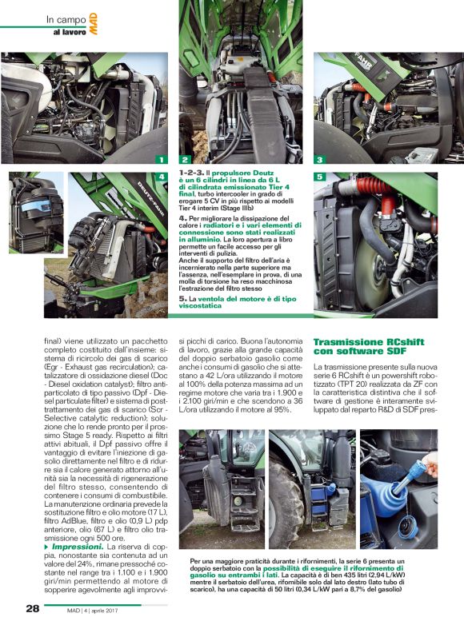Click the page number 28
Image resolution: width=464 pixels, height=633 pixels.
[x=33, y=608]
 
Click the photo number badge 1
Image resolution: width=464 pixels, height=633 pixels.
[x=162, y=160]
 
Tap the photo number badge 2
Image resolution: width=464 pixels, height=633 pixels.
[x=185, y=160]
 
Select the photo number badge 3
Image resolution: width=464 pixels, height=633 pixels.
[x=320, y=160]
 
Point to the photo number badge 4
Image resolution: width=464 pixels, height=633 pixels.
[x=162, y=177]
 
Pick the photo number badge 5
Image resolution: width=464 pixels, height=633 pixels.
[x=320, y=177]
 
